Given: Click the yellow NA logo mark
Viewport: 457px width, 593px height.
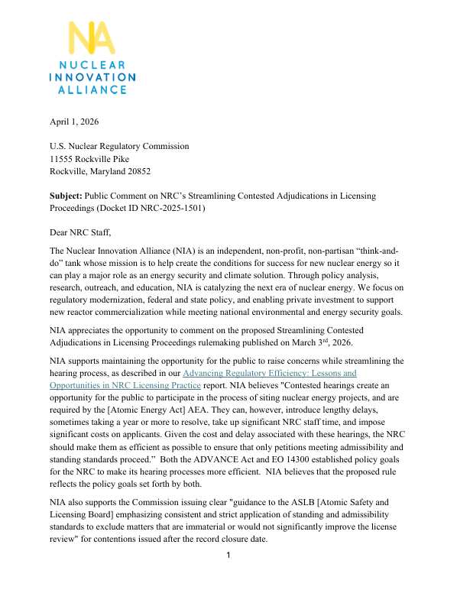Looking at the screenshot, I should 91,39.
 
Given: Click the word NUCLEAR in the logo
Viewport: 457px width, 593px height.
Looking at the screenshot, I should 91,66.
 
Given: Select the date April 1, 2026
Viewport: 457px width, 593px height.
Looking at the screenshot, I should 74,122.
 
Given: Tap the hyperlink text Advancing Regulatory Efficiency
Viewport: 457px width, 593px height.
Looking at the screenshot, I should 271,373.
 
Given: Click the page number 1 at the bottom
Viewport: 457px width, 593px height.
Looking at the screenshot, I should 228,575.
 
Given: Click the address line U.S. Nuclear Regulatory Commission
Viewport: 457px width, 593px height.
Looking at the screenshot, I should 119,146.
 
